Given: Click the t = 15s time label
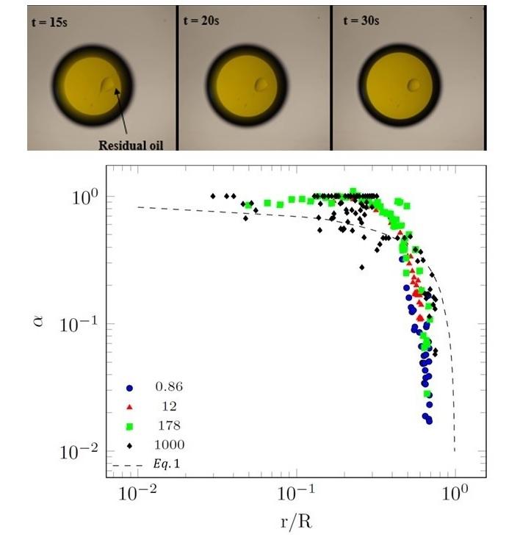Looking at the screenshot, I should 53,21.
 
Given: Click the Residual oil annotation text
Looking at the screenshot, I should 130,145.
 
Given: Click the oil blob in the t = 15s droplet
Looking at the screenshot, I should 109,87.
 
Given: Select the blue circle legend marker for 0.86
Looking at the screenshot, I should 130,387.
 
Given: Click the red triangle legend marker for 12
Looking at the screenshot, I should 130,406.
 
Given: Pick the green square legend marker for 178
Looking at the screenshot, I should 130,425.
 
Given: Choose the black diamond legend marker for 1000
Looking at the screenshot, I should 130,444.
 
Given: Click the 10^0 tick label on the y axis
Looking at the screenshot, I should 87,197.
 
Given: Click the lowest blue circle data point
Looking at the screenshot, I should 429,421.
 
